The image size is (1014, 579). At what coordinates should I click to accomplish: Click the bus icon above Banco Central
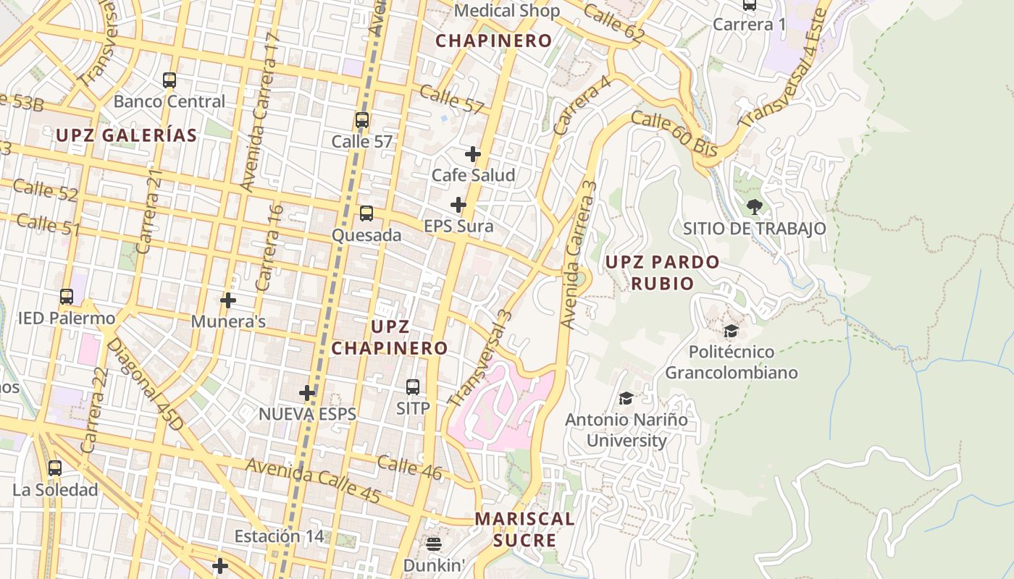(169, 80)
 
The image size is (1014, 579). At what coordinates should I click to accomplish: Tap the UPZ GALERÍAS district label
(127, 135)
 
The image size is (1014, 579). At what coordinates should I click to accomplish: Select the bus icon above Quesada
(366, 214)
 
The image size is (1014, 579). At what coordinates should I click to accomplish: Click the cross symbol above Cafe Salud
(473, 154)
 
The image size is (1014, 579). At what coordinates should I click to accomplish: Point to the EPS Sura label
(458, 227)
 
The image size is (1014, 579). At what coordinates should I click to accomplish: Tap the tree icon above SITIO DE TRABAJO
(754, 207)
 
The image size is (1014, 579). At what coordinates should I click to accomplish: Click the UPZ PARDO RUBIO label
(662, 272)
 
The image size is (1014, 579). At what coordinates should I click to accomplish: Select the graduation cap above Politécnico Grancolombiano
(731, 331)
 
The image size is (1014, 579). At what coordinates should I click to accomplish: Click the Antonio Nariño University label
(627, 430)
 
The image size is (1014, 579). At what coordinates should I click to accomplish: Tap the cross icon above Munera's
(228, 300)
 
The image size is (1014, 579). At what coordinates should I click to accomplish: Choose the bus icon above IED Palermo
(67, 297)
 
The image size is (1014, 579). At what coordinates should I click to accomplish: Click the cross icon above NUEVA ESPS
(308, 393)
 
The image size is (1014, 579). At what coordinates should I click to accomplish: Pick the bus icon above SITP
(413, 387)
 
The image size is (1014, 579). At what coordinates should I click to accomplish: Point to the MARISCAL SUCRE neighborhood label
(524, 529)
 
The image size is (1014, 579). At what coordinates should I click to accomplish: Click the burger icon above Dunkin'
(434, 544)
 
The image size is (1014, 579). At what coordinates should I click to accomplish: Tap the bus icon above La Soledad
(55, 468)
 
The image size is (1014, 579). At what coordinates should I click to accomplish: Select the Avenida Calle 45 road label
(313, 481)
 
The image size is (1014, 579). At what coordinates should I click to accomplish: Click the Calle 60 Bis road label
(674, 134)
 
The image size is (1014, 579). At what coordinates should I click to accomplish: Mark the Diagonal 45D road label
(146, 383)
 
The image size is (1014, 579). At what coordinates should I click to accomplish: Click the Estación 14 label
(279, 536)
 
